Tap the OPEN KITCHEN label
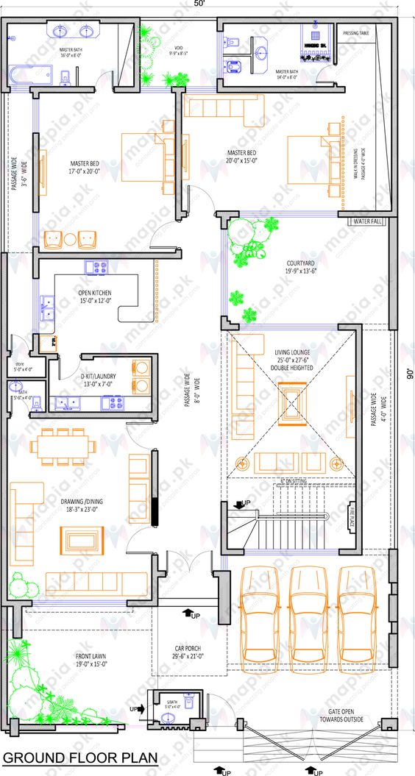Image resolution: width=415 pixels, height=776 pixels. click(x=95, y=296)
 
